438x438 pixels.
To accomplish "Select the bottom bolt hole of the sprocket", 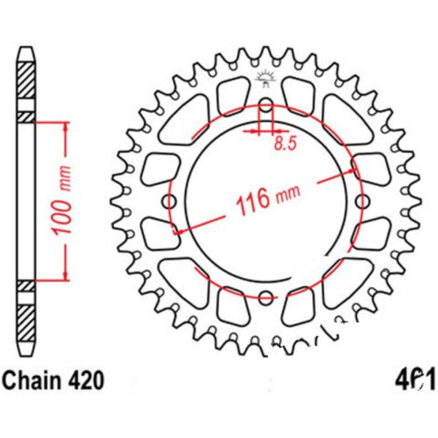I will click(x=266, y=297).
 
